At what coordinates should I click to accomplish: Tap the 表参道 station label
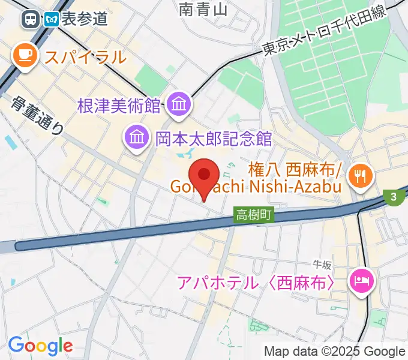tap(83, 19)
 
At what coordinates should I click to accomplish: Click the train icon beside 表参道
tap(29, 19)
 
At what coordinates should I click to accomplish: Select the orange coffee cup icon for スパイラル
tap(25, 56)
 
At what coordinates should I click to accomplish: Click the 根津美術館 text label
tap(119, 106)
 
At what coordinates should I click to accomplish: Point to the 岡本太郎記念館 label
tap(214, 139)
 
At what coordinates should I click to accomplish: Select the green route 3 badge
tap(394, 197)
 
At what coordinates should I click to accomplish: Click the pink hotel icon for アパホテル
tap(362, 280)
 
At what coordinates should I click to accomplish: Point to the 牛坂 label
tap(322, 264)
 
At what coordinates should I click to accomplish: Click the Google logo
tap(40, 346)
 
